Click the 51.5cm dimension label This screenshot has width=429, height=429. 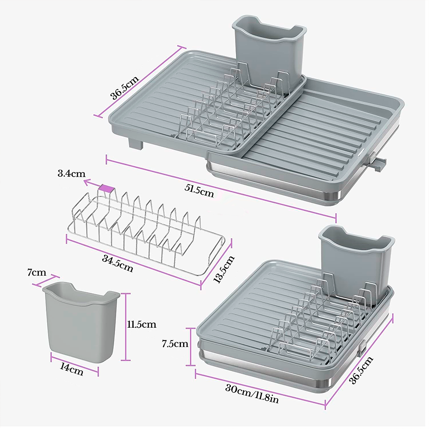[199, 190]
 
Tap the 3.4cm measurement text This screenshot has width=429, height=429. [71, 174]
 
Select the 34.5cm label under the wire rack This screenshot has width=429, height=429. [118, 263]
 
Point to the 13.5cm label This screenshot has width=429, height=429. [224, 269]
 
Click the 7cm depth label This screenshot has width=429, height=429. [37, 273]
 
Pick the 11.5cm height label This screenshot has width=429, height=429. [142, 324]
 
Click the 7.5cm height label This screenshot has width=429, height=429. [175, 344]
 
